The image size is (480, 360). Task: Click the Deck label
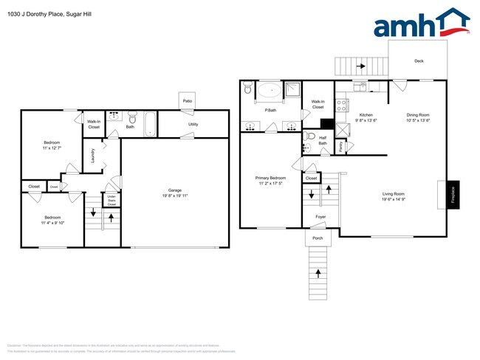418,61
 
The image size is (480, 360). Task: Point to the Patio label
188,101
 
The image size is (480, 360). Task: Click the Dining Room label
418,117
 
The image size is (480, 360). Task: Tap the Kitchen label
366,117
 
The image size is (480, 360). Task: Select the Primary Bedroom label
270,179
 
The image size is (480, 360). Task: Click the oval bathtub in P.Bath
267,92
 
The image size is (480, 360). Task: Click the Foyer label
320,217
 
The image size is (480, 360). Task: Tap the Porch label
318,238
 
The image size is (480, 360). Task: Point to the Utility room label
193,125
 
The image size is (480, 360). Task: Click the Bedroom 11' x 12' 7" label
51,145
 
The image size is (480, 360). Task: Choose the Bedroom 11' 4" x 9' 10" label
52,220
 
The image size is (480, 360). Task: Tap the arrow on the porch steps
318,273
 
